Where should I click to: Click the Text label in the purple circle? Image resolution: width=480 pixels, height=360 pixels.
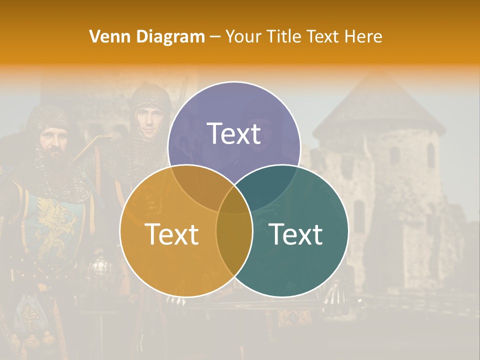pyautogui.click(x=234, y=133)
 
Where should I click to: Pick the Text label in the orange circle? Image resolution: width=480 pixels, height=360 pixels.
pyautogui.click(x=171, y=234)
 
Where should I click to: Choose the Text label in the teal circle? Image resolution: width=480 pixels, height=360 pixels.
pyautogui.click(x=296, y=234)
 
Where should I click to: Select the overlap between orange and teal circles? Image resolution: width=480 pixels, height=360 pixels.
pyautogui.click(x=234, y=240)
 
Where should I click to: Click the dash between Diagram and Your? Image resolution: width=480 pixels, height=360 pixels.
pyautogui.click(x=215, y=37)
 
